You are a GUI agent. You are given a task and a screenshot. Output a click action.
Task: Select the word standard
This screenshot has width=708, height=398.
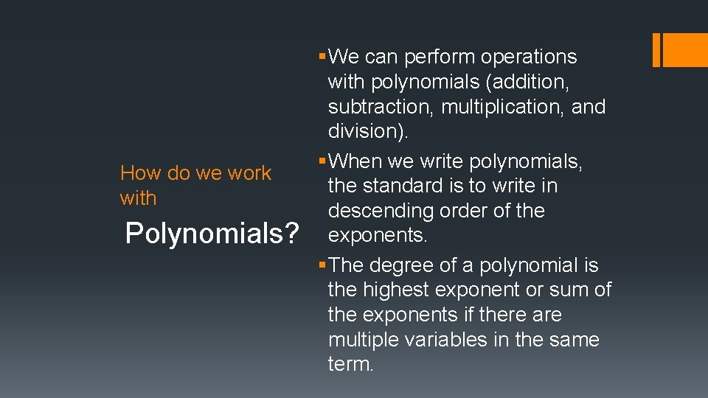(402, 186)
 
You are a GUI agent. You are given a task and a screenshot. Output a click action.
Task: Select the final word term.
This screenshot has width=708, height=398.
(350, 365)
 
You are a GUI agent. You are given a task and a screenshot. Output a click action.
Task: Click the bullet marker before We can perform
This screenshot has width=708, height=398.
(322, 57)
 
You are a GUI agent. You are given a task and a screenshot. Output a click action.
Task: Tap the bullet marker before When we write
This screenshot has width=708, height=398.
(322, 161)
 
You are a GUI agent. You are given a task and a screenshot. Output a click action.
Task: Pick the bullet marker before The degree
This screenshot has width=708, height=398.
(322, 265)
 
